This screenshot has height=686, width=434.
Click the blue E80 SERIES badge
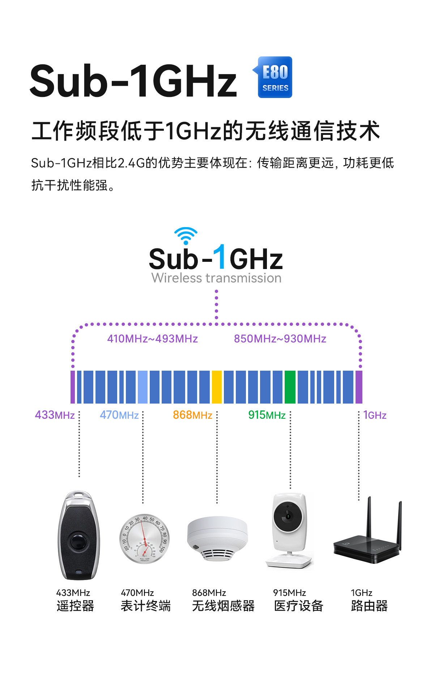[x=275, y=77]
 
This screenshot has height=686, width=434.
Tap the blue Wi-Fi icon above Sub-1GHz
[x=186, y=235]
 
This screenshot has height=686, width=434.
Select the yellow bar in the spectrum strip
[x=217, y=387]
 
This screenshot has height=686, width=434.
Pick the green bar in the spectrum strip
[x=290, y=387]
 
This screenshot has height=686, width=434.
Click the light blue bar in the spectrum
[x=142, y=387]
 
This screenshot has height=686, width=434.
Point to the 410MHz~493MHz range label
[x=152, y=339]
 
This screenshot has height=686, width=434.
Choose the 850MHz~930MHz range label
[x=280, y=339]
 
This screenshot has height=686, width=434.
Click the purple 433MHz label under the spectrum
[x=55, y=415]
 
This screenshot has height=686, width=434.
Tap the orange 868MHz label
[x=192, y=415]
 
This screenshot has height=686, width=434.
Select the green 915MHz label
[x=267, y=415]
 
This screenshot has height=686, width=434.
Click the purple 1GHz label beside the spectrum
[x=375, y=415]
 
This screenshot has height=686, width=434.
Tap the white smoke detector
[x=217, y=538]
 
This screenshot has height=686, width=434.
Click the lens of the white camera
[x=288, y=516]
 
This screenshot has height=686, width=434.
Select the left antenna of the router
[x=369, y=517]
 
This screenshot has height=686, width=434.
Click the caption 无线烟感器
[x=223, y=606]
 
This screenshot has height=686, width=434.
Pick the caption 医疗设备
[x=298, y=606]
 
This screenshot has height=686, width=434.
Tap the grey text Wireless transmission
[x=216, y=278]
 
